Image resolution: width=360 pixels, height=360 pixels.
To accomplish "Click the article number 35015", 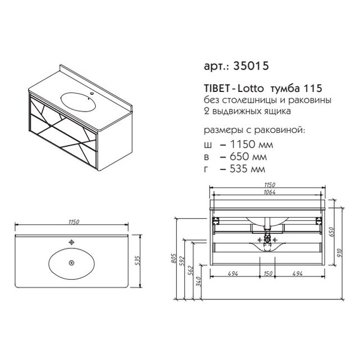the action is click(x=251, y=66).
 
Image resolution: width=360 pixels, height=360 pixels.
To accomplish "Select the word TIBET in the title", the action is click(x=216, y=89).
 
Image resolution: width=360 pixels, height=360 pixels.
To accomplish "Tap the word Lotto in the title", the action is click(x=250, y=89).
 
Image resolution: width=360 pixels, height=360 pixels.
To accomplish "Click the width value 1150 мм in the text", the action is click(x=252, y=145).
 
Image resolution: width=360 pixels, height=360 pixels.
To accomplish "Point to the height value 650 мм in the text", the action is click(x=248, y=156).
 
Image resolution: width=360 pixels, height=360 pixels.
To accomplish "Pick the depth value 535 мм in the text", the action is click(x=248, y=169).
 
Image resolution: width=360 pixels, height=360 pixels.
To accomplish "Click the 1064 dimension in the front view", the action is click(x=269, y=192).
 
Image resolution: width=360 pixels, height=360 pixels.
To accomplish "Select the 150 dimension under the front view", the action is click(x=268, y=274).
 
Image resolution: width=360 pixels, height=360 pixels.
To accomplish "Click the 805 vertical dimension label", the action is click(x=173, y=259).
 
